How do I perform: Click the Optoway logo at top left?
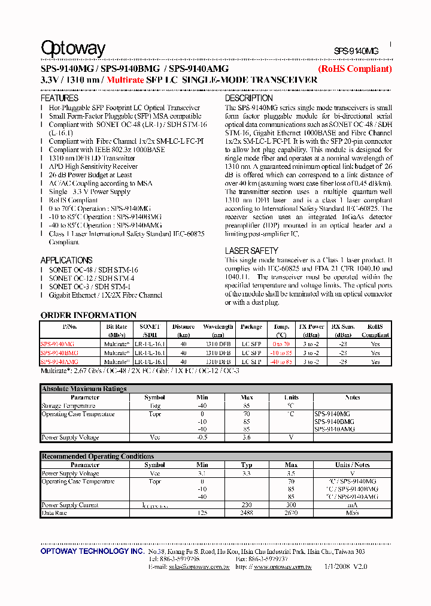point(73,49)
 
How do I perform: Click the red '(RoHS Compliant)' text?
point(354,69)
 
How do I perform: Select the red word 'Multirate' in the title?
point(125,80)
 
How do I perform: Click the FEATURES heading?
point(59,98)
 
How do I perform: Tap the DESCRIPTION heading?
point(248,98)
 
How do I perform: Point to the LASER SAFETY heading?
point(251,250)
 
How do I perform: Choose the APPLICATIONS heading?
point(66,260)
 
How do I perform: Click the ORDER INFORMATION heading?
point(89,315)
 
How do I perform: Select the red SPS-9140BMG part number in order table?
point(59,353)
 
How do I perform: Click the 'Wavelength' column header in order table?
point(218,327)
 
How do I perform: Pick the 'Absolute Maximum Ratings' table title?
point(84,389)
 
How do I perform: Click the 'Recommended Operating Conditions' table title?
point(98,456)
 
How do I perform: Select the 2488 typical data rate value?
point(246,513)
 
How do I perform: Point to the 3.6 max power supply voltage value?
point(246,438)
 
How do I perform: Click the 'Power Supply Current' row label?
point(69,505)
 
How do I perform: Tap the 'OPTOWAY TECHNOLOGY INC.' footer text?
point(92,551)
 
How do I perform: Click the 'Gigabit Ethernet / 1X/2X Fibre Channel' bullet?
point(105,295)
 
